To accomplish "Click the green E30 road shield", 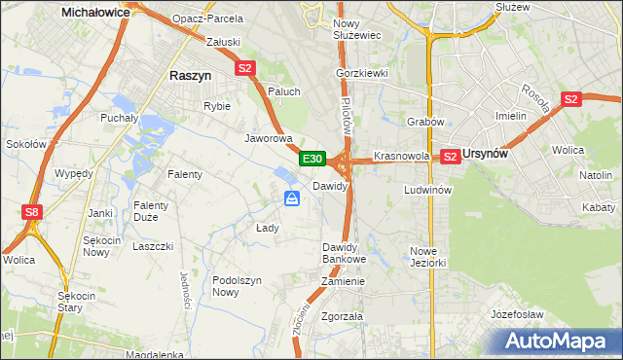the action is (311, 158).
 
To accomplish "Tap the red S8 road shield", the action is (32, 211).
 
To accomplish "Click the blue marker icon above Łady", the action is (292, 198).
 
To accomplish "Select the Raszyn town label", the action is (191, 75).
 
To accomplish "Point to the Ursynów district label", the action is (489, 156).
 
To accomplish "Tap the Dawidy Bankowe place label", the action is (344, 253).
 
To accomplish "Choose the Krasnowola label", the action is (401, 156).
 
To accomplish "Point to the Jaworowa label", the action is (269, 138).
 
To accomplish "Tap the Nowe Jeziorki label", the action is (427, 257).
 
